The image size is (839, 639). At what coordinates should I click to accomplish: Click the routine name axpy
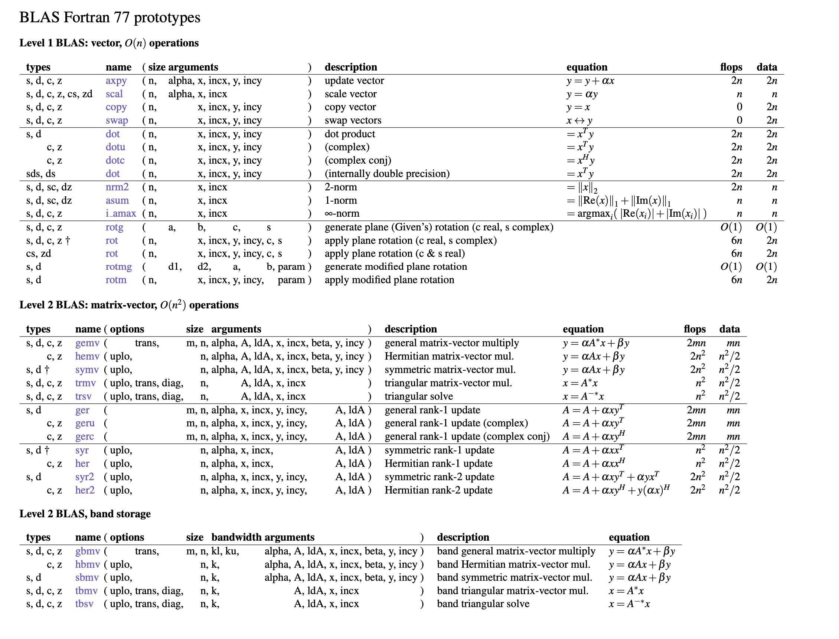[x=116, y=81]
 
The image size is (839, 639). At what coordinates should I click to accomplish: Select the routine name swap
[x=117, y=121]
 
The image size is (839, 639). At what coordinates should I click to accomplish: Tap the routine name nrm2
[x=117, y=187]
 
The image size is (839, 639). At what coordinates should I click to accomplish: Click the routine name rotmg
[x=119, y=267]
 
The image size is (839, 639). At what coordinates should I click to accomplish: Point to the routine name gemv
[x=87, y=343]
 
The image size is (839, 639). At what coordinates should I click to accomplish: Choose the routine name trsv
[x=83, y=396]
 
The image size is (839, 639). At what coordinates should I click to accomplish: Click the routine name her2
[x=85, y=490]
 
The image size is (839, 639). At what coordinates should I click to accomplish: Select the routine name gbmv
[x=88, y=551]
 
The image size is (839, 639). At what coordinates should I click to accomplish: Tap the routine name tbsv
[x=84, y=604]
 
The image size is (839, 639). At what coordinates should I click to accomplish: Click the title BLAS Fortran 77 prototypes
[x=110, y=17]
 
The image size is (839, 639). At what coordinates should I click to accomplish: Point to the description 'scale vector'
[x=350, y=94]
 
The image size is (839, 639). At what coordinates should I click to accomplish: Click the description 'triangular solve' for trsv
[x=418, y=396]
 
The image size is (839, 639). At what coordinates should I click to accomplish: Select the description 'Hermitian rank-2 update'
[x=438, y=490]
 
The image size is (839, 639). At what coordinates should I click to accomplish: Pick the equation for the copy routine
[x=578, y=107]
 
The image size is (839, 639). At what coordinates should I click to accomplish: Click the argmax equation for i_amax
[x=636, y=214]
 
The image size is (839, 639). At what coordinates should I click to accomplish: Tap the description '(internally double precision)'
[x=387, y=174]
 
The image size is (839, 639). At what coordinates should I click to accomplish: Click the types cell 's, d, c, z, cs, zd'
[x=59, y=94]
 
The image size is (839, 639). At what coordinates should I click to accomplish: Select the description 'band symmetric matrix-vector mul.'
[x=515, y=577]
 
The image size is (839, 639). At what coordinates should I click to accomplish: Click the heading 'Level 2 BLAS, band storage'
[x=85, y=514]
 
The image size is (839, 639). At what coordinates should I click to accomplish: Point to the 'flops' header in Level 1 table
[x=731, y=67]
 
